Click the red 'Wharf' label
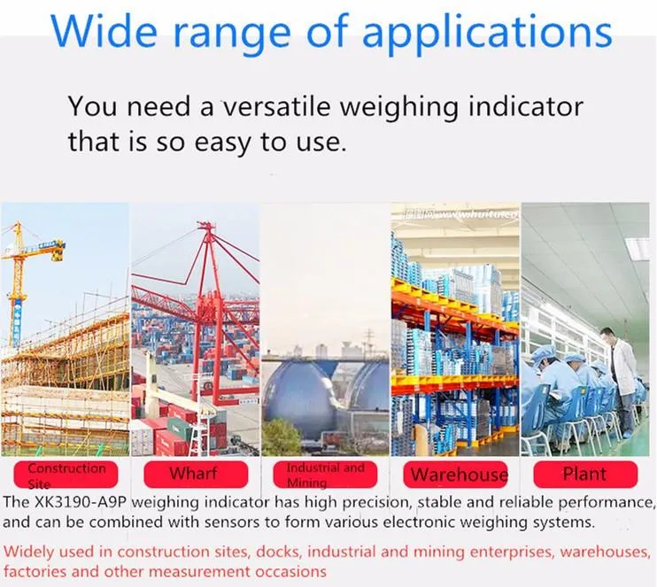[193, 473]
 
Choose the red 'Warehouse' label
[459, 475]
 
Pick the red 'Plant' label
[584, 473]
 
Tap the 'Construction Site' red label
[66, 475]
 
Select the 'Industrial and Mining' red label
[325, 475]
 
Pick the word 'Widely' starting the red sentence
[29, 552]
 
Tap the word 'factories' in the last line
[35, 572]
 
